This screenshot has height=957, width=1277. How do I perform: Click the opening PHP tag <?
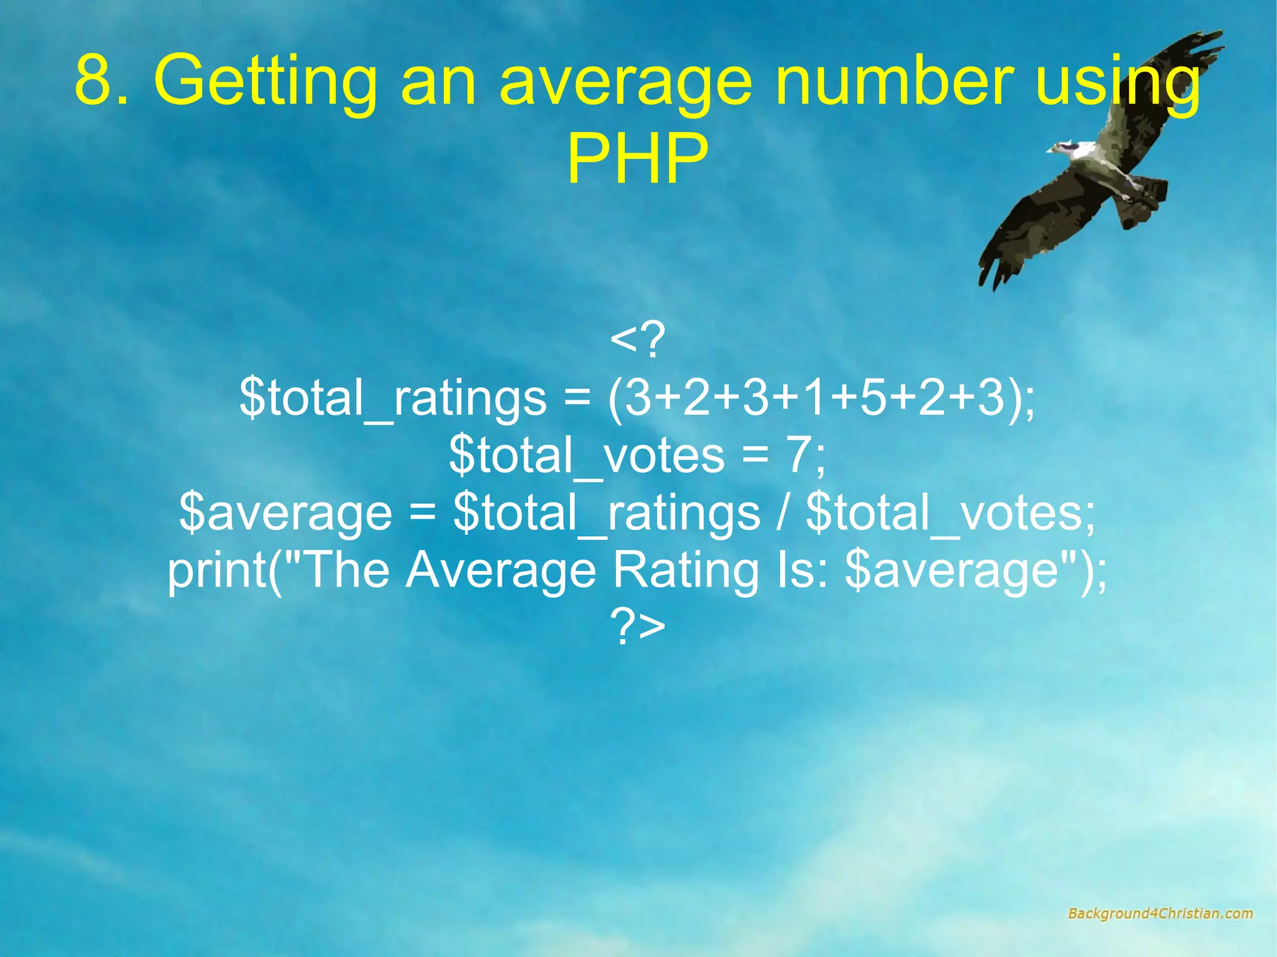click(x=637, y=340)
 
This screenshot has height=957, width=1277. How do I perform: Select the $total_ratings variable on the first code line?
click(x=393, y=399)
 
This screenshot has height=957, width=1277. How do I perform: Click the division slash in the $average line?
click(x=783, y=513)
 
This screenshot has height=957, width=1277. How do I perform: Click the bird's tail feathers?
click(x=1144, y=200)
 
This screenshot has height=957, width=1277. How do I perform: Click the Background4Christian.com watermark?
click(x=1160, y=914)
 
